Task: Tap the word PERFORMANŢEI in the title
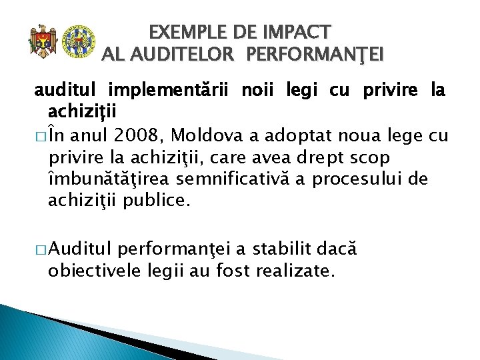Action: (x=315, y=55)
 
